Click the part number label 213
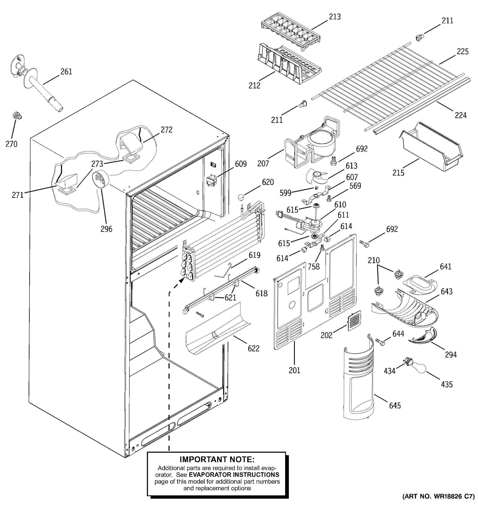pyautogui.click(x=335, y=17)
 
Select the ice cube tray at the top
pyautogui.click(x=291, y=31)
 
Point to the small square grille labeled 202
pyautogui.click(x=354, y=321)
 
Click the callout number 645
pyautogui.click(x=395, y=406)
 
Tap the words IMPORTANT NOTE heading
pyautogui.click(x=217, y=459)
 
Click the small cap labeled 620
pyautogui.click(x=240, y=197)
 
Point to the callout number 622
pyautogui.click(x=253, y=348)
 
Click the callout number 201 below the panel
pyautogui.click(x=294, y=370)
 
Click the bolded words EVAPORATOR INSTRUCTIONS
pyautogui.click(x=234, y=475)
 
